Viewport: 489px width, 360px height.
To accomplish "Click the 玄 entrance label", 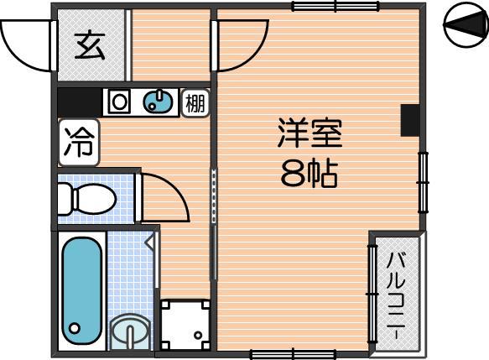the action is coord(90,45).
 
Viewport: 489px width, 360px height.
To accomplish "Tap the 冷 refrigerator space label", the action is coord(79,143).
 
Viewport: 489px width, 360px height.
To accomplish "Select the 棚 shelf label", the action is coord(195,103).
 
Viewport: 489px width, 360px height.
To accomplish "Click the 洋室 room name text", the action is coord(310,133).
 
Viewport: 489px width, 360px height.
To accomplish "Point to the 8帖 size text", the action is coord(310,174).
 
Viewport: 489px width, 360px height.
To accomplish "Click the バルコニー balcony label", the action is coord(397,296).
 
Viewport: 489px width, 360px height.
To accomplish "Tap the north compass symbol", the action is coord(466,24).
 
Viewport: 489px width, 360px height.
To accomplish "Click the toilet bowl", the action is coord(87,199).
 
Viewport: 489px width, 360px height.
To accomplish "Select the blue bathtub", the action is coord(82,290).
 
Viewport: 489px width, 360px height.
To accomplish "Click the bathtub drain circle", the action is coord(75,328).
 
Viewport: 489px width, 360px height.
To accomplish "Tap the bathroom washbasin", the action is coord(130,332).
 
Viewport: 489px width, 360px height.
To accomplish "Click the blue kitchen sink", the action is coord(159,102).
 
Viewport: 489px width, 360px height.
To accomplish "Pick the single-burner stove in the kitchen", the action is coord(119,102).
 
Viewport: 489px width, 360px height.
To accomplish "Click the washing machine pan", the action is coord(185,325).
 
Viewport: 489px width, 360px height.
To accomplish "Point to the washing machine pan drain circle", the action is coord(198,336).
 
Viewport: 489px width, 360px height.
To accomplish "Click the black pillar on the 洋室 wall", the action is coord(410,120).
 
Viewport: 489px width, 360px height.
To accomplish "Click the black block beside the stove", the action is coord(81,102).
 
